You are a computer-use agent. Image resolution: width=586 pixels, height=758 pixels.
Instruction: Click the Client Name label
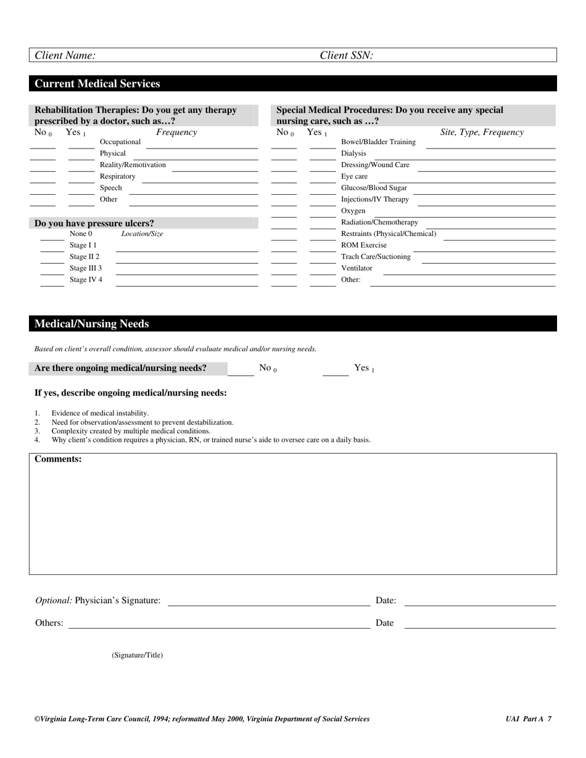tap(65, 55)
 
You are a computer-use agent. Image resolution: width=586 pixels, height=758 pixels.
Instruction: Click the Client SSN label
tap(346, 55)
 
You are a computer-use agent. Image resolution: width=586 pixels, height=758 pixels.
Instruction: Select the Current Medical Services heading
tap(97, 84)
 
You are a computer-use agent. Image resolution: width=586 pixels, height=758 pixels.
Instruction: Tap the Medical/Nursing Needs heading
tap(91, 324)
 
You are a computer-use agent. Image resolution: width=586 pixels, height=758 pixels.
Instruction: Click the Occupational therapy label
tap(120, 142)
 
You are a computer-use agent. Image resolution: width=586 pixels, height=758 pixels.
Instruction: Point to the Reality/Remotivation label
tap(133, 165)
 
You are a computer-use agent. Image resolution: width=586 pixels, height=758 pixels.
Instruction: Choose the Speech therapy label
tap(111, 188)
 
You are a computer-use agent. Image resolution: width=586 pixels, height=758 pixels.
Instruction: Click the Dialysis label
tap(353, 153)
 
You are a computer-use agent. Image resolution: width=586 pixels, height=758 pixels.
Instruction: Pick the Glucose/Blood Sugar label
tap(374, 188)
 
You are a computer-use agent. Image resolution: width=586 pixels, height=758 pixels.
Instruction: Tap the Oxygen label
tap(353, 211)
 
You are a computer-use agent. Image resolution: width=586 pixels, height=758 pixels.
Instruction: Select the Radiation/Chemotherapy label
tap(379, 222)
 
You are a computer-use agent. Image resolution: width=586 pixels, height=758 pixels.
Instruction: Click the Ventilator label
tap(357, 268)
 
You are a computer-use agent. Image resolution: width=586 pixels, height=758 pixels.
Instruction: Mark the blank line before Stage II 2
tap(52, 261)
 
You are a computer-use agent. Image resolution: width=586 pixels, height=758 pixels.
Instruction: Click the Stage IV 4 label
tap(86, 280)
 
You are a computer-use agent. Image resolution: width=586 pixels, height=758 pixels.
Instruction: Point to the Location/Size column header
tap(142, 234)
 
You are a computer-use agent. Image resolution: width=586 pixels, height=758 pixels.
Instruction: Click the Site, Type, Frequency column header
tap(481, 132)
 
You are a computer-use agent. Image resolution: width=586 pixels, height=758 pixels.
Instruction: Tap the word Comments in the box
tap(58, 459)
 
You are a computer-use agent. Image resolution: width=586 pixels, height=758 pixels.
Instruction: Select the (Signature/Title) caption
tap(137, 655)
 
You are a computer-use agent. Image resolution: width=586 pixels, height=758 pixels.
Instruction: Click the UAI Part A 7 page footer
tap(528, 719)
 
